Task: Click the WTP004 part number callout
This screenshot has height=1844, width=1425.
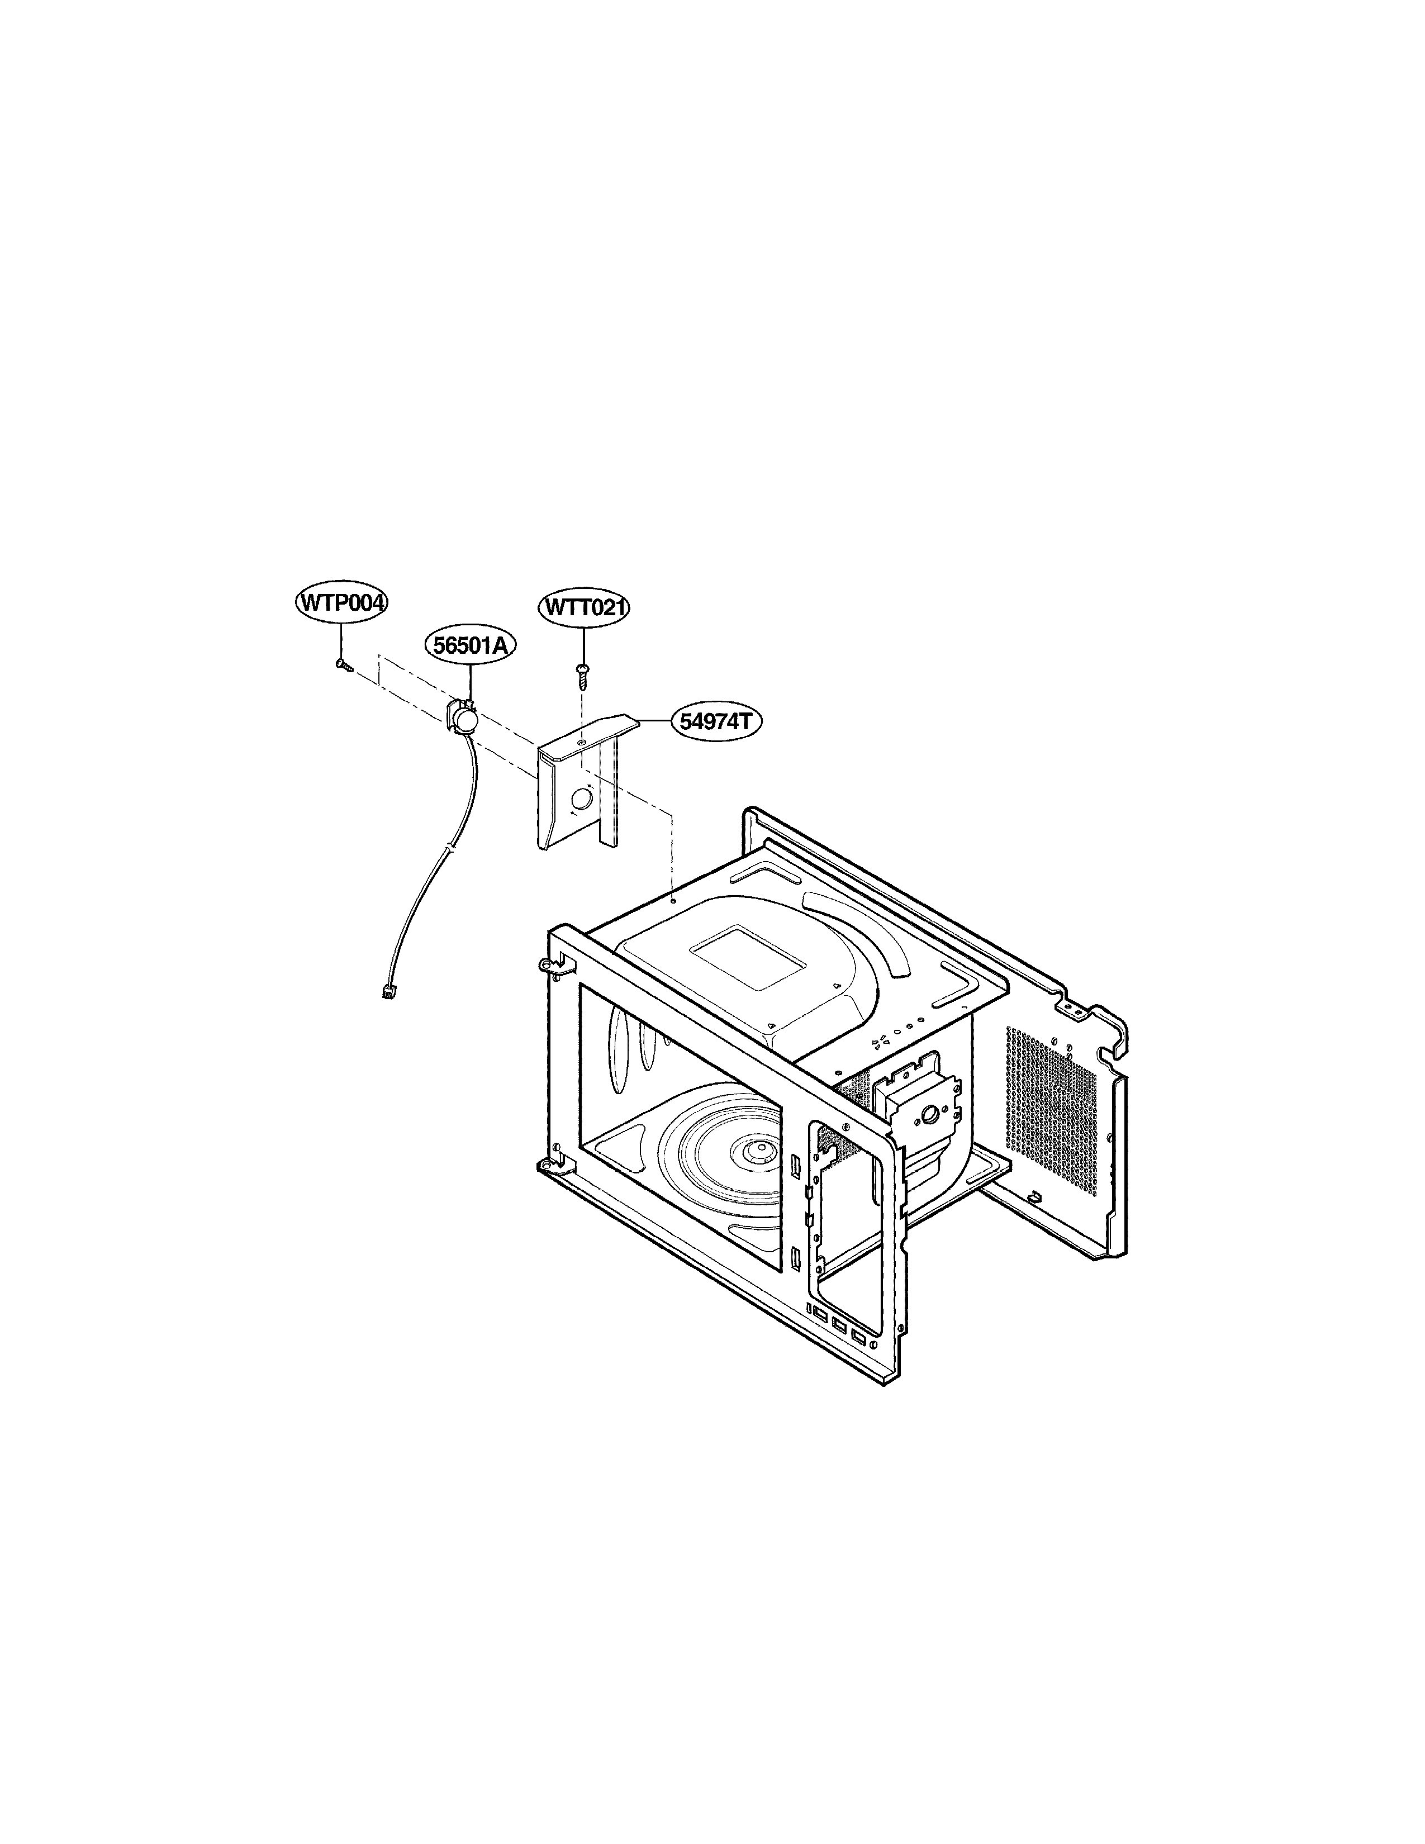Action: (x=342, y=603)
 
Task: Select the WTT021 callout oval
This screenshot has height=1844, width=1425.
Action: (x=584, y=607)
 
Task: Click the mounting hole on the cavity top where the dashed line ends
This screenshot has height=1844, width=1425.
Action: (x=673, y=901)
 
